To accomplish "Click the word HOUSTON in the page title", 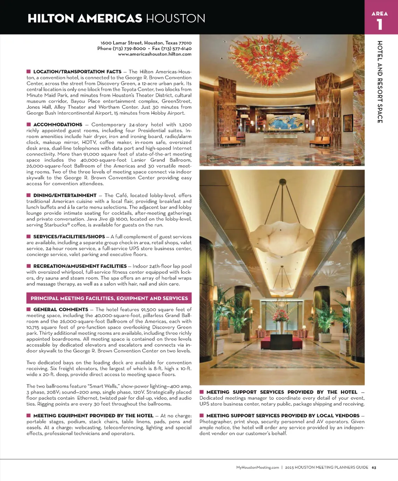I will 175,18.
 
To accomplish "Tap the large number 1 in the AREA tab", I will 379,25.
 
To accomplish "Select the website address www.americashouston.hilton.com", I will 155,54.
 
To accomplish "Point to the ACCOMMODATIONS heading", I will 58,125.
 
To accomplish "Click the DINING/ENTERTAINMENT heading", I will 65,196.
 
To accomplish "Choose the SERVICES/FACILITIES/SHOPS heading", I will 69,237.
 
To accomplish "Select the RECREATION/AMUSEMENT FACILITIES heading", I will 80,266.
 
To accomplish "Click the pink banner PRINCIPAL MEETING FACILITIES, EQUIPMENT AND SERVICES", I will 109,298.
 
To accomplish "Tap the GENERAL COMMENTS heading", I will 61,310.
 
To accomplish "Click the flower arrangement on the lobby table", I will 281,315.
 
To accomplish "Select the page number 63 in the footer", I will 374,467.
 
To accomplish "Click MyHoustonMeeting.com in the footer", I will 257,467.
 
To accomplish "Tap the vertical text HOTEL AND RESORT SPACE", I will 380,82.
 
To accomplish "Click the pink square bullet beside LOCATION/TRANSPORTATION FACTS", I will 29,72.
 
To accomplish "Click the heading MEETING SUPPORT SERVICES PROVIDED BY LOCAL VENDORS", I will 283,416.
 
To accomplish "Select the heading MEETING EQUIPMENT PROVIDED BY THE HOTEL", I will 93,416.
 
